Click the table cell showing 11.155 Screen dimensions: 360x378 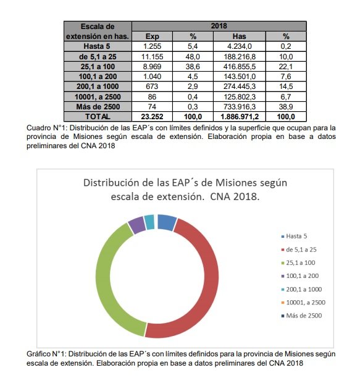pyautogui.click(x=152, y=57)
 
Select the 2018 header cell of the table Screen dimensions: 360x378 pyautogui.click(x=219, y=26)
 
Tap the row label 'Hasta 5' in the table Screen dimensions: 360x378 pyautogui.click(x=98, y=46)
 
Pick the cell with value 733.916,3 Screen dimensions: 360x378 pyautogui.click(x=239, y=107)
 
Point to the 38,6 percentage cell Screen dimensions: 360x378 pyautogui.click(x=193, y=67)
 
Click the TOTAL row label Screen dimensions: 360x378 pyautogui.click(x=98, y=117)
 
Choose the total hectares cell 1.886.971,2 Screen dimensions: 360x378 pyautogui.click(x=239, y=117)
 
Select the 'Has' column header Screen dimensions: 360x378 pyautogui.click(x=239, y=36)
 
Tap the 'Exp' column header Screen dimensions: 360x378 pyautogui.click(x=152, y=36)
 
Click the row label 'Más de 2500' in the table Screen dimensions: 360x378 pyautogui.click(x=98, y=107)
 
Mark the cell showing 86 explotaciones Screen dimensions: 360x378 pyautogui.click(x=152, y=97)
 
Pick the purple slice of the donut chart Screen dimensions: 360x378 pyautogui.click(x=136, y=225)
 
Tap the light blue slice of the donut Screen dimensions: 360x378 pyautogui.click(x=150, y=222)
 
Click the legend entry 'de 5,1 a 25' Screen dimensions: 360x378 pyautogui.click(x=299, y=250)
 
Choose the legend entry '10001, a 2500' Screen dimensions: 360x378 pyautogui.click(x=303, y=302)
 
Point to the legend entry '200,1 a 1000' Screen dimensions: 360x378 pyautogui.click(x=301, y=289)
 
